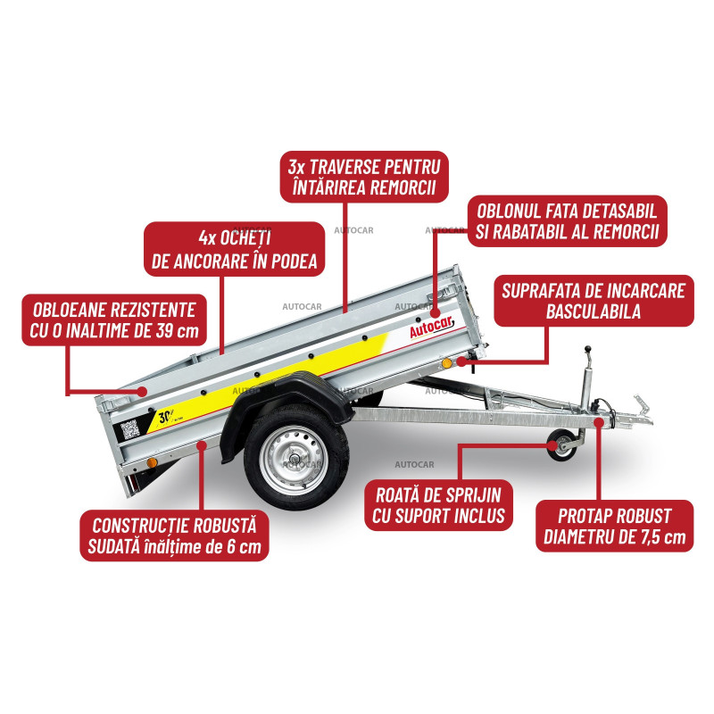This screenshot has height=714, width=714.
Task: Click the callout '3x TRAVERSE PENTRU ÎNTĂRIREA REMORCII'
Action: (364, 177)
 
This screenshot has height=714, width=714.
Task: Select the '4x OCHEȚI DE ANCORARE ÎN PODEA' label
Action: (234, 249)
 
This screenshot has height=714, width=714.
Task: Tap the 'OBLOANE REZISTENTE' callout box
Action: (114, 320)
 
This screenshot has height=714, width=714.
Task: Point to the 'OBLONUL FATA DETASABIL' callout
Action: (567, 221)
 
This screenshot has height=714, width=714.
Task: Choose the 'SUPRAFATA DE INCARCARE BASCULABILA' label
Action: (594, 301)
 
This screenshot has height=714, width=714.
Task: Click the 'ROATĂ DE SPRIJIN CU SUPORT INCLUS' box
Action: (438, 505)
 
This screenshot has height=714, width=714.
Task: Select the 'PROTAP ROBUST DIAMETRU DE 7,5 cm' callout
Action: (614, 526)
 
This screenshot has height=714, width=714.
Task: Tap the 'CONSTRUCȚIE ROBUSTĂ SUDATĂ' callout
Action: (174, 535)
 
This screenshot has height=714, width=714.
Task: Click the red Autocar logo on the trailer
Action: (431, 327)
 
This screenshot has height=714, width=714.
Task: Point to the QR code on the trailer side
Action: (129, 429)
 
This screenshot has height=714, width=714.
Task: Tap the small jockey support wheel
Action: (562, 444)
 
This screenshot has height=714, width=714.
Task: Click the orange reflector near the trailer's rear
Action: (152, 463)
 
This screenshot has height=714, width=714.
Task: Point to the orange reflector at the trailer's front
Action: (447, 363)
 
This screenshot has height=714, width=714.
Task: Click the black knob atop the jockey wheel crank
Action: (587, 349)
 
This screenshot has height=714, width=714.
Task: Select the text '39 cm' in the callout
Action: (177, 331)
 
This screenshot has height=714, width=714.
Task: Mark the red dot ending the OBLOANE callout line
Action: (143, 391)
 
